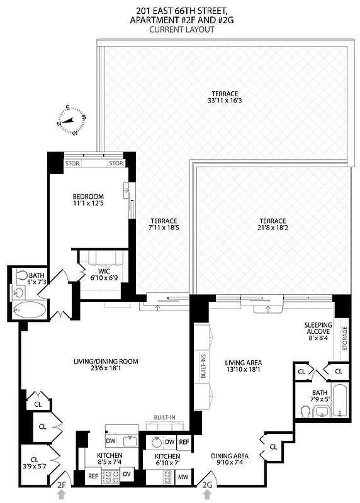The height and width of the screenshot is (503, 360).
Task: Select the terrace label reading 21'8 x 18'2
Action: click(272, 225)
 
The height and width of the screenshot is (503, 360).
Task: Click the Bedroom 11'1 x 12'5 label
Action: click(88, 201)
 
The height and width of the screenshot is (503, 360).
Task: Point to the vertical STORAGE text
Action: click(344, 339)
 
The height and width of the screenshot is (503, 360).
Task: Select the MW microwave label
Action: click(183, 477)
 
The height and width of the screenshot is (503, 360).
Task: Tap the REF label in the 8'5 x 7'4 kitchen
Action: click(92, 476)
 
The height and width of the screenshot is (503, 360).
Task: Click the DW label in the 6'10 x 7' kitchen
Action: click(169, 442)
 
